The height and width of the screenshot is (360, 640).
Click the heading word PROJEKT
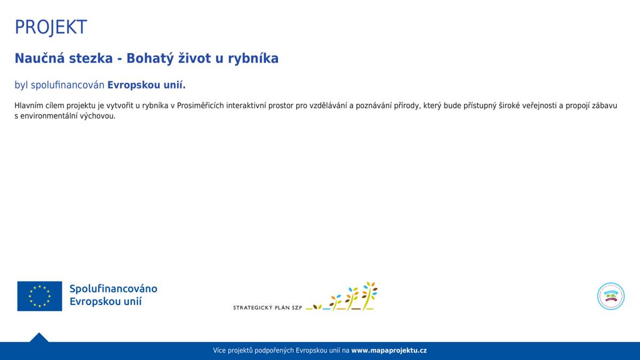pos(51,27)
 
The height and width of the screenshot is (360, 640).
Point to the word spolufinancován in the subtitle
pos(67,85)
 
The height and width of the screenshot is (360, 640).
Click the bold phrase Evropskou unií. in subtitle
pos(146,85)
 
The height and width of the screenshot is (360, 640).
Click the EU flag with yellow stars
pos(39,296)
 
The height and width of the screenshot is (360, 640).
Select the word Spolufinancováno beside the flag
pos(113,289)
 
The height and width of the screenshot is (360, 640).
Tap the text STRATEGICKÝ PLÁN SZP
pos(267,308)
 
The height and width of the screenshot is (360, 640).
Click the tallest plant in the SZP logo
pos(369,295)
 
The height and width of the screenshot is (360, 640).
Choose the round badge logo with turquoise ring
pos(611,297)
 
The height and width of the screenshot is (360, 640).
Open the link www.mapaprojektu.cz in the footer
pos(389,350)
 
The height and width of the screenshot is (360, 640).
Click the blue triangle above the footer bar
pos(39,338)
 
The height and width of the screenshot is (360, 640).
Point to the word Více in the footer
pos(219,350)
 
